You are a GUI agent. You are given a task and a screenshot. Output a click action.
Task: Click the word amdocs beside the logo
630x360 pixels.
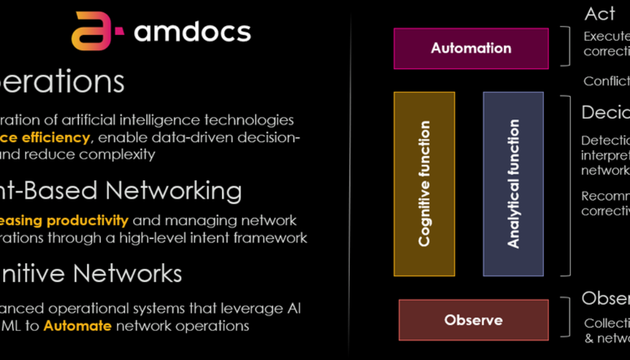[193, 31]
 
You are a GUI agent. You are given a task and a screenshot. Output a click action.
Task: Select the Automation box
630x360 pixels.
[471, 48]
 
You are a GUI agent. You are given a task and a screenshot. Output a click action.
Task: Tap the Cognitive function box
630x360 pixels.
[424, 183]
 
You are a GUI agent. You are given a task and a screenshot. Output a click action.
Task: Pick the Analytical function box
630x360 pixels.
[513, 183]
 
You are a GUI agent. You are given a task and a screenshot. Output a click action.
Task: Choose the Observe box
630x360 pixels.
[473, 320]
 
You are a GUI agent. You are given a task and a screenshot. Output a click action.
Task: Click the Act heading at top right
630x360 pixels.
[600, 14]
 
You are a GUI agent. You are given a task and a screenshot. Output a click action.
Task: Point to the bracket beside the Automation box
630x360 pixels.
[567, 47]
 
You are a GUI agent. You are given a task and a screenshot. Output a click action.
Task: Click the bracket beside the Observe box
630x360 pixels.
[567, 318]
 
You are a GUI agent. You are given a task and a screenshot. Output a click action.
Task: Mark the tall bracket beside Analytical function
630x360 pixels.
[567, 185]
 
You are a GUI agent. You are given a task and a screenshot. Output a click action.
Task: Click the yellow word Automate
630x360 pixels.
[78, 326]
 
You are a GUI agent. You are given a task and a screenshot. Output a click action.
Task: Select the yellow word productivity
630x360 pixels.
[88, 220]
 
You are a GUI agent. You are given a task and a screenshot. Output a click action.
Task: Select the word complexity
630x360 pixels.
[118, 154]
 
